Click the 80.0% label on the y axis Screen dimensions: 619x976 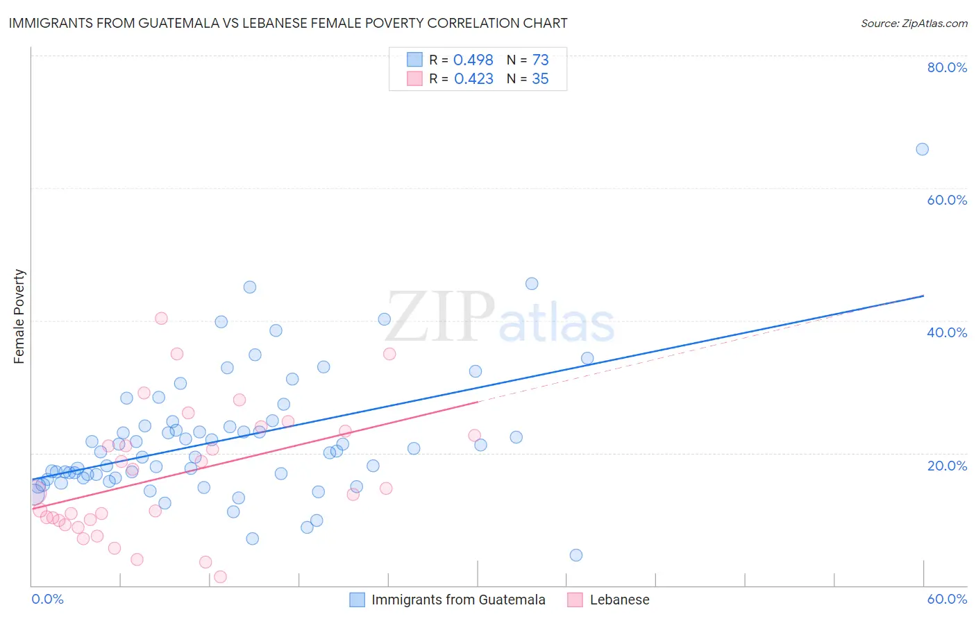pyautogui.click(x=947, y=67)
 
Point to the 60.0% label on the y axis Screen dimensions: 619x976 pyautogui.click(x=947, y=200)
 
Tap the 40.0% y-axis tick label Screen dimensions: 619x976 pyautogui.click(x=947, y=332)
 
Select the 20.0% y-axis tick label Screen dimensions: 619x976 pyautogui.click(x=947, y=466)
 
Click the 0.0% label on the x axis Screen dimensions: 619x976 pyautogui.click(x=47, y=599)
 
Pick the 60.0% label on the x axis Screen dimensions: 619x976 pyautogui.click(x=947, y=599)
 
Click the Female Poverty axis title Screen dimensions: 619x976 pyautogui.click(x=19, y=316)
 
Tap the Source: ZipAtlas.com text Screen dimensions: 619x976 pyautogui.click(x=914, y=23)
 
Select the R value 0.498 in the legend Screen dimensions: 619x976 pyautogui.click(x=473, y=60)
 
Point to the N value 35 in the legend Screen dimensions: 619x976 pyautogui.click(x=540, y=79)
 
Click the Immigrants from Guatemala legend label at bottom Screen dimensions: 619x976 pyautogui.click(x=458, y=600)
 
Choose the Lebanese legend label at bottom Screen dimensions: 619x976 pyautogui.click(x=619, y=600)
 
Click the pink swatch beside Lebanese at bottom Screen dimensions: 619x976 pyautogui.click(x=575, y=600)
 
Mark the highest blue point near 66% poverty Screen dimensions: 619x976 pyautogui.click(x=922, y=149)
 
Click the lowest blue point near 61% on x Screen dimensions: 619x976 pyautogui.click(x=575, y=555)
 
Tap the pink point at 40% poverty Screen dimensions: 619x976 pyautogui.click(x=161, y=319)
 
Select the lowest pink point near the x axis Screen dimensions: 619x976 pyautogui.click(x=220, y=577)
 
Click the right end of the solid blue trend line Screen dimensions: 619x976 pyautogui.click(x=923, y=296)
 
